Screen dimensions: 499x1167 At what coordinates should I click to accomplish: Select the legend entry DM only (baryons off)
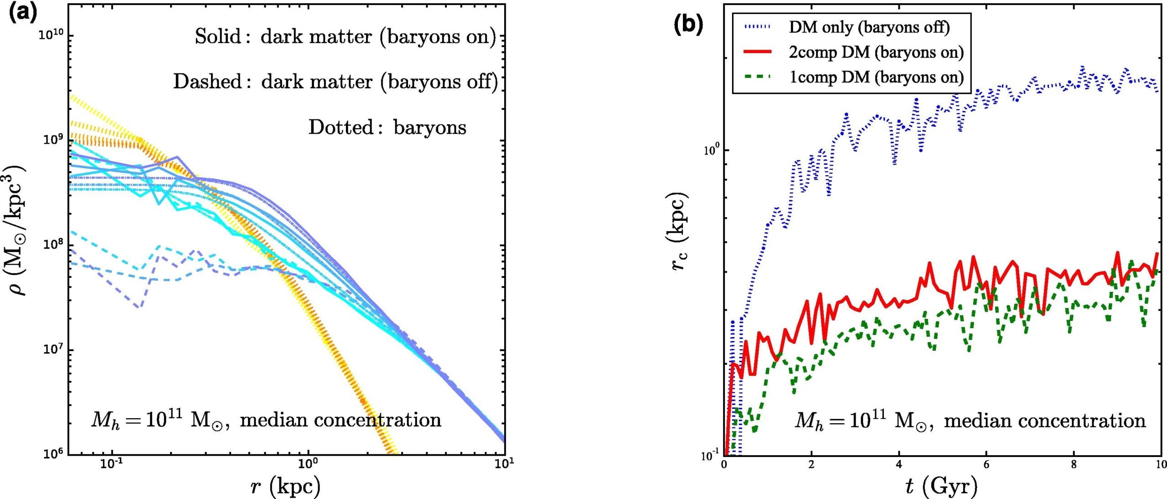click(x=869, y=27)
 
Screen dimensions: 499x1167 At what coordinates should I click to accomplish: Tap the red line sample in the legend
click(x=757, y=52)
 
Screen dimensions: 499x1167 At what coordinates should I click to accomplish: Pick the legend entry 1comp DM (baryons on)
click(x=876, y=77)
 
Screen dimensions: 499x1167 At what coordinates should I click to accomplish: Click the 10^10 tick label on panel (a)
click(x=52, y=35)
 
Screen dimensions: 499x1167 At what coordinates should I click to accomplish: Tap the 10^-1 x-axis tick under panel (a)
click(x=112, y=465)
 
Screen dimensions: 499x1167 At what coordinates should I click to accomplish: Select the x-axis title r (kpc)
click(x=286, y=486)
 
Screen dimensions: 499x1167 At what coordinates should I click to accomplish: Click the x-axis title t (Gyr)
click(x=941, y=486)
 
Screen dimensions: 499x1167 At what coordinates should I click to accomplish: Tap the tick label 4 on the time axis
click(x=898, y=465)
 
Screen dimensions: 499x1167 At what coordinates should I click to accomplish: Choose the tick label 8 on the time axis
click(x=1074, y=465)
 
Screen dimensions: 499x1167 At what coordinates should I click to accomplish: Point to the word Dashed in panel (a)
click(x=207, y=82)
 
